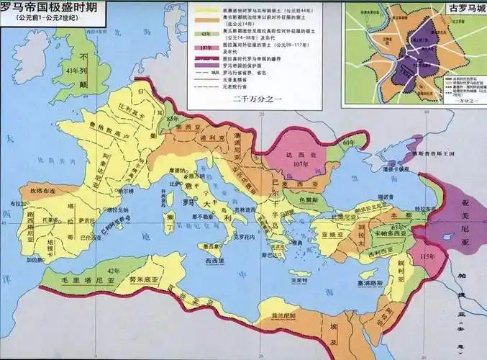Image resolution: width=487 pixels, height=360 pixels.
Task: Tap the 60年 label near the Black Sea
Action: point(349,145)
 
